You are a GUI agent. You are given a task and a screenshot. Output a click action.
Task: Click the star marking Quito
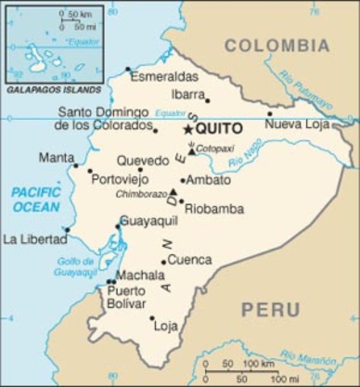(x=189, y=129)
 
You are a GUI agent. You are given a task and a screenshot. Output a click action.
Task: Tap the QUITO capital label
(x=220, y=129)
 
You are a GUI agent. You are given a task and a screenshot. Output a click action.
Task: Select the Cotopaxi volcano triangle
(x=191, y=151)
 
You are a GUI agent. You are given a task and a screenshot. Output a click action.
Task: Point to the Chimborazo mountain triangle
(x=173, y=192)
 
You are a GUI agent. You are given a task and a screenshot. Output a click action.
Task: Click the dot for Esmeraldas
(x=128, y=69)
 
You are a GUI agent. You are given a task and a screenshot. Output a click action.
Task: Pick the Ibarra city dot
(x=207, y=100)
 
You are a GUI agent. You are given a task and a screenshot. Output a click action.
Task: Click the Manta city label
(x=56, y=158)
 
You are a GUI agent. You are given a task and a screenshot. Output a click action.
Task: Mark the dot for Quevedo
(x=140, y=169)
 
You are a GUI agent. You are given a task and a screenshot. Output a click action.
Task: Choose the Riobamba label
(x=214, y=208)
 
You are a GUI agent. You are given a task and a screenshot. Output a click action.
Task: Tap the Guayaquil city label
(x=149, y=220)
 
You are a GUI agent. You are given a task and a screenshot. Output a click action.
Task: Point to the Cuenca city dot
(x=163, y=261)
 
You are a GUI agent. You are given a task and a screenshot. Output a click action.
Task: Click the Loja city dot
(x=152, y=318)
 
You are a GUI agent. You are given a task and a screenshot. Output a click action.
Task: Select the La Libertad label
(x=34, y=239)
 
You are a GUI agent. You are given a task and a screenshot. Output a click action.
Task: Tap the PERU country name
(x=270, y=310)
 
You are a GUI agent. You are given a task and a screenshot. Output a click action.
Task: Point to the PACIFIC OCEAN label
(x=36, y=199)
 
